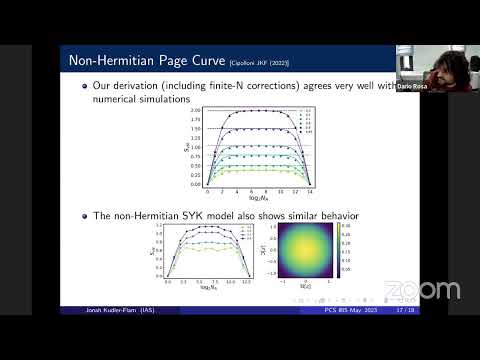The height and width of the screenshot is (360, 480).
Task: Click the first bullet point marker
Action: pos(83,87)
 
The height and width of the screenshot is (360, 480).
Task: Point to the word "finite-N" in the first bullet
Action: pos(230,87)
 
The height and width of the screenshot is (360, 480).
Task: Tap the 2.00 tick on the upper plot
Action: pos(196,110)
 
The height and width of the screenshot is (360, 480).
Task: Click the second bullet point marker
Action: pos(83,216)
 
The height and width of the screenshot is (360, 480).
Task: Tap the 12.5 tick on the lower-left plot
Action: pos(246,283)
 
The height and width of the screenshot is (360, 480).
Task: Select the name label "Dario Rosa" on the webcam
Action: pos(414,87)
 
